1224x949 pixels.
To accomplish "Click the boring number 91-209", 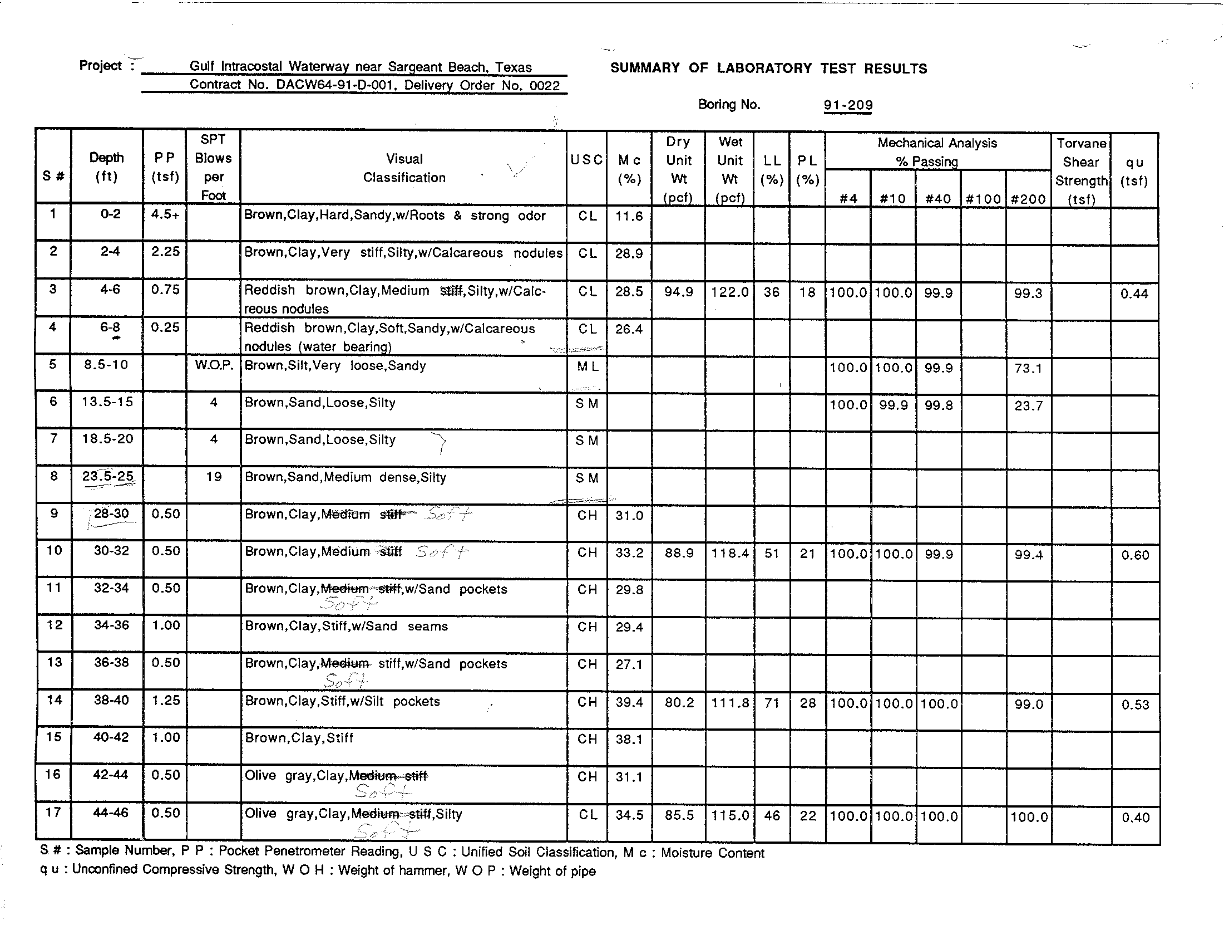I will pyautogui.click(x=847, y=105).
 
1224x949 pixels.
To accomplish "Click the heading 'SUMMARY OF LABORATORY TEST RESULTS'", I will pyautogui.click(x=768, y=69).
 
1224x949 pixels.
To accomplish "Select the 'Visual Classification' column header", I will pyautogui.click(x=404, y=168).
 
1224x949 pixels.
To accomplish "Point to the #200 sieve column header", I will pyautogui.click(x=1028, y=199).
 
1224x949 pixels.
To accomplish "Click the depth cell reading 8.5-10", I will pyautogui.click(x=106, y=365).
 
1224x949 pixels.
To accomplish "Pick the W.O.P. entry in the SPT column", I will pyautogui.click(x=214, y=365).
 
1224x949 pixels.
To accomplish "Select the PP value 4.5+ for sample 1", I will pyautogui.click(x=165, y=214).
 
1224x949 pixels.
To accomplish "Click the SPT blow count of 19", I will pyautogui.click(x=214, y=477).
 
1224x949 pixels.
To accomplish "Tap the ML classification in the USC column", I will pyautogui.click(x=587, y=366).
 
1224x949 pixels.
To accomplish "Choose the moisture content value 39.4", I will pyautogui.click(x=629, y=702).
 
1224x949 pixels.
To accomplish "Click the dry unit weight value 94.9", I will pyautogui.click(x=678, y=292).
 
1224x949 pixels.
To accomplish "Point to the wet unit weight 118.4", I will pyautogui.click(x=730, y=554).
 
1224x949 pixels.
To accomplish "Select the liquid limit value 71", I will pyautogui.click(x=772, y=703).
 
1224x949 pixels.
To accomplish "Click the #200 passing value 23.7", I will pyautogui.click(x=1028, y=405).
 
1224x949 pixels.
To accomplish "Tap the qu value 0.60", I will pyautogui.click(x=1135, y=555).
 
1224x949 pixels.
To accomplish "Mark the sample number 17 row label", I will pyautogui.click(x=53, y=812).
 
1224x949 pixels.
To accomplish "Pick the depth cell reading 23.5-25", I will pyautogui.click(x=107, y=477).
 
